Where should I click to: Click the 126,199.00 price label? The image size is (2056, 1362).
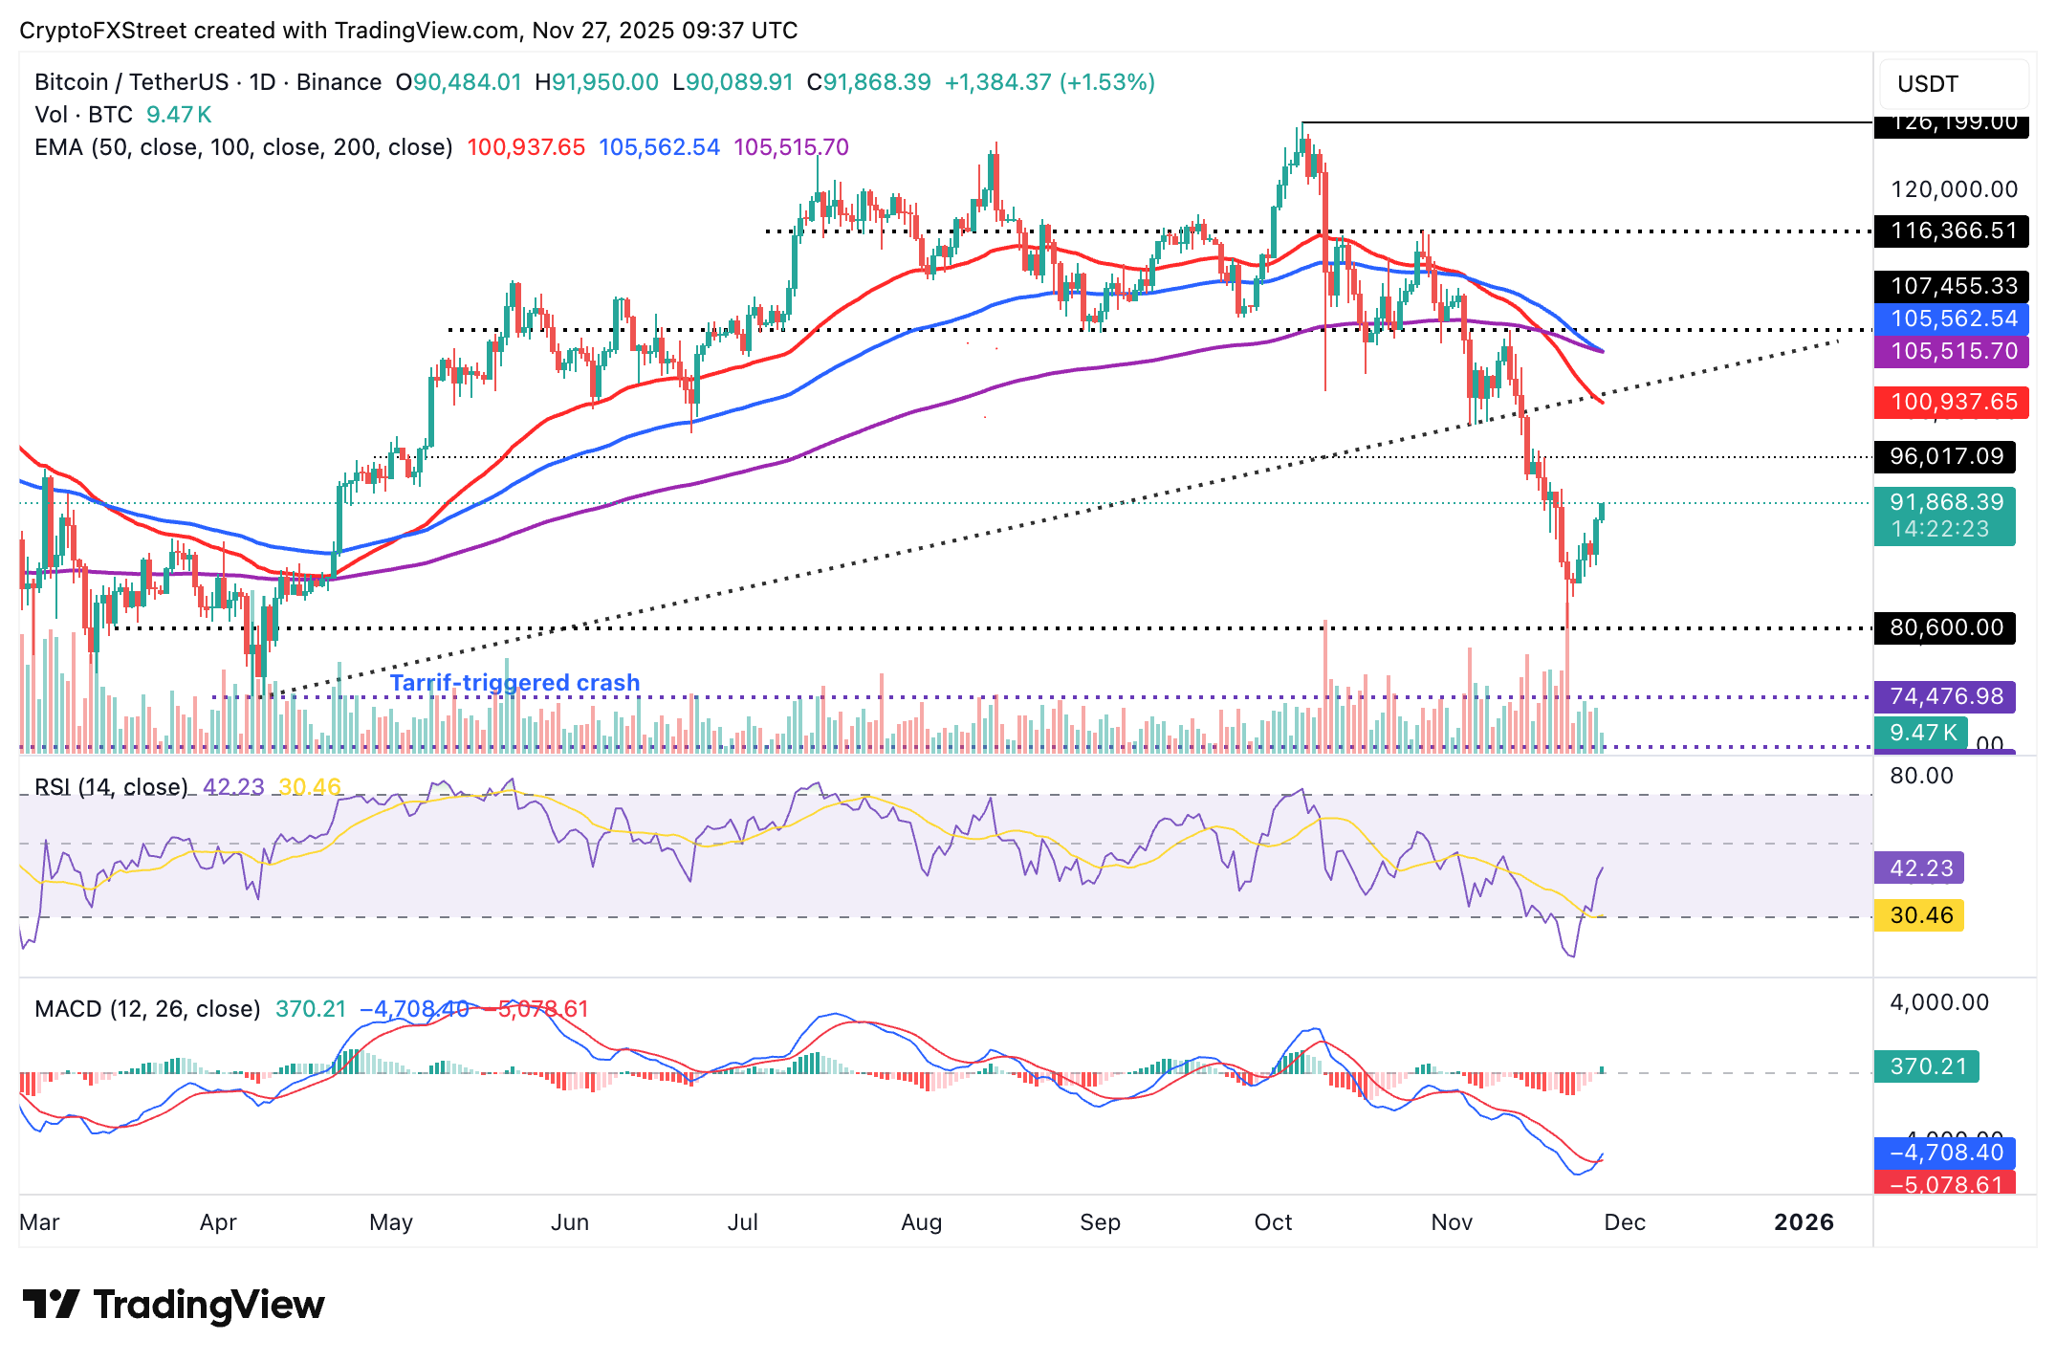1951,124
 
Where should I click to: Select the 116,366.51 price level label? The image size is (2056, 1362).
1951,231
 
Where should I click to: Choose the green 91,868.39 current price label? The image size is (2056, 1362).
1945,503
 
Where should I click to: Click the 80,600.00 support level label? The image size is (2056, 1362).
1945,627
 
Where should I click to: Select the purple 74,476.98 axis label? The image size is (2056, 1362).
1945,696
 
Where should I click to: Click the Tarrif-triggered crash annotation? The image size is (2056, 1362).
514,683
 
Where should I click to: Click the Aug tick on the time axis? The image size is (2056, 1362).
922,1222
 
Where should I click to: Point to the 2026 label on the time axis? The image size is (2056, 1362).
1804,1222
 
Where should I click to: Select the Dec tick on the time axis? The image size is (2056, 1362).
1625,1222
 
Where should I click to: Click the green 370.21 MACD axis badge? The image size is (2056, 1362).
1927,1065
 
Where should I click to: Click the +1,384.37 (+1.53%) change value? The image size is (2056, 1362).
1049,82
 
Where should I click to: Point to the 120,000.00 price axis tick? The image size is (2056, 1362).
1953,189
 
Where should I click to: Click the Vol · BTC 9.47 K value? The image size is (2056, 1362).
178,115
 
